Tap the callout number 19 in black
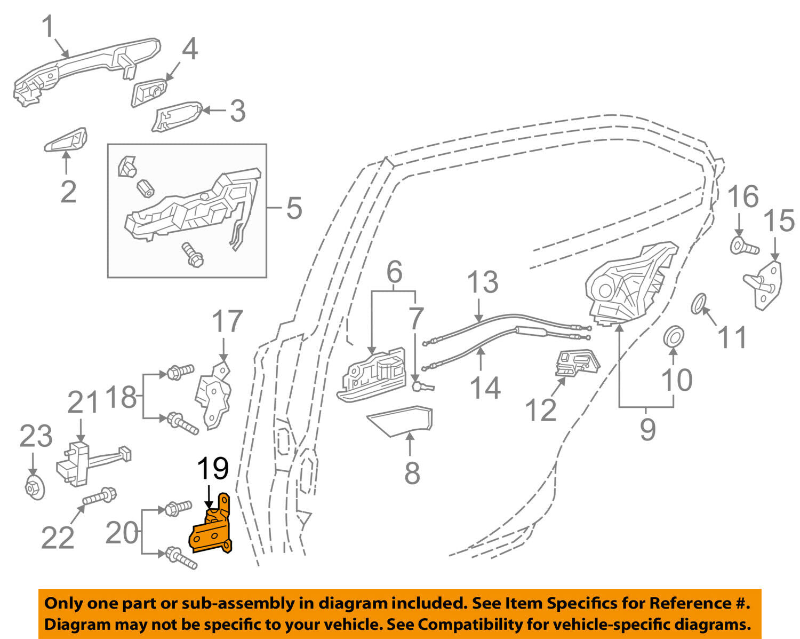[x=213, y=469]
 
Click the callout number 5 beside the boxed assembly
[x=294, y=208]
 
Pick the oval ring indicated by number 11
[x=699, y=304]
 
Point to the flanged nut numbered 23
[x=35, y=488]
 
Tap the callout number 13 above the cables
[x=482, y=282]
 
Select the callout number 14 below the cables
[x=485, y=388]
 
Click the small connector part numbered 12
[x=577, y=363]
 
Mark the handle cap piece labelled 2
[x=66, y=140]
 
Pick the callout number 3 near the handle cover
[x=238, y=111]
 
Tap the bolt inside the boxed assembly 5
[x=193, y=255]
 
